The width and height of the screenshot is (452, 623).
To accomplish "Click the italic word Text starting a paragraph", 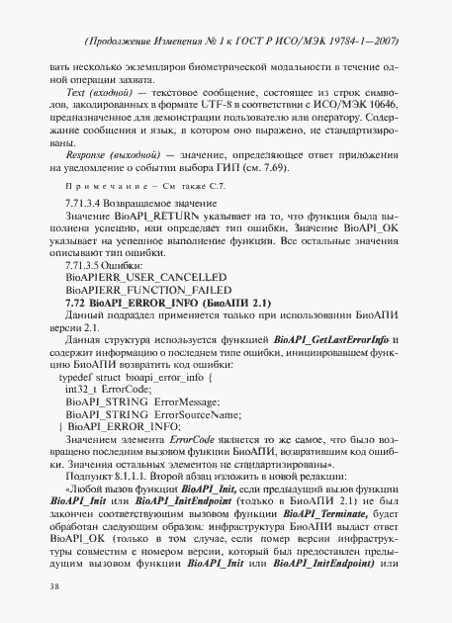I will point(74,92).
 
